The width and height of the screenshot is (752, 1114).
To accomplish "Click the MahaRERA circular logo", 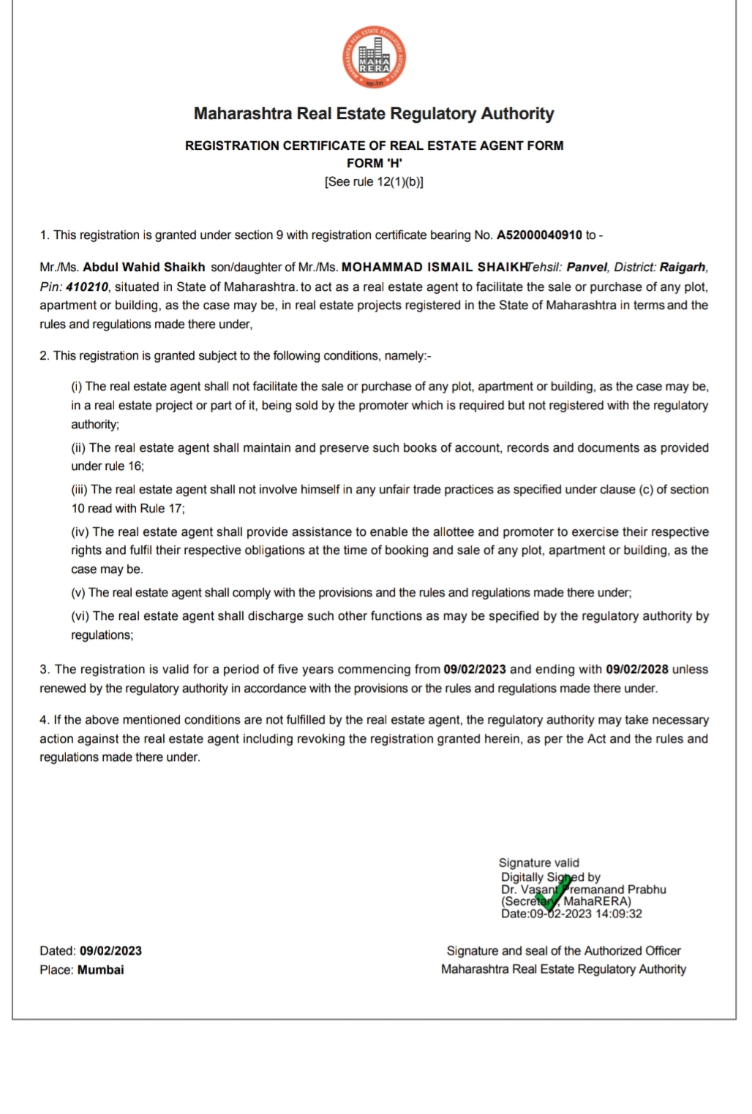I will (374, 58).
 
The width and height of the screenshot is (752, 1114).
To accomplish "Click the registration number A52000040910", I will (539, 235).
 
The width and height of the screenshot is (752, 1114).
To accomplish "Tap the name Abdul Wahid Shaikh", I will (143, 268).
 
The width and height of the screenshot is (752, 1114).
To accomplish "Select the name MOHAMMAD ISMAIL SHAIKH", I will (435, 268).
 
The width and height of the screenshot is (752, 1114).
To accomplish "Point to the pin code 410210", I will (87, 287).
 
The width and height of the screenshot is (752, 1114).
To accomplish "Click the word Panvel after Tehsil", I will (587, 268).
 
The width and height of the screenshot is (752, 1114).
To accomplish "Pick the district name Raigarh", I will (683, 268).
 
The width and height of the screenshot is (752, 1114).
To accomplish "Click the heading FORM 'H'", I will (374, 163).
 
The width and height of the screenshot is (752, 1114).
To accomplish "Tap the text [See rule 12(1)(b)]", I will (374, 182).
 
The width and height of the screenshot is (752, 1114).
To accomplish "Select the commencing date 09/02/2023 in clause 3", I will (475, 670).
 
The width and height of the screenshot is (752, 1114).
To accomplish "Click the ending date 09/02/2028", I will (636, 670).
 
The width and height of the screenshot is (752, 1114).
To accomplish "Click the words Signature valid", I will (538, 863).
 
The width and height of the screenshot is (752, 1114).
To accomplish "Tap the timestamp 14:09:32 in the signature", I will (618, 914).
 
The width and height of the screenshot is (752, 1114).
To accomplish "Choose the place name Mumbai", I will (101, 970).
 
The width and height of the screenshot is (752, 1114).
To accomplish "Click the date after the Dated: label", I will (110, 951).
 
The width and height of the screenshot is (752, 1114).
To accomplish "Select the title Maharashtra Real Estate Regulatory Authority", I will (374, 114).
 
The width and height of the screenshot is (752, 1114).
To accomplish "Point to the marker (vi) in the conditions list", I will (80, 616).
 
